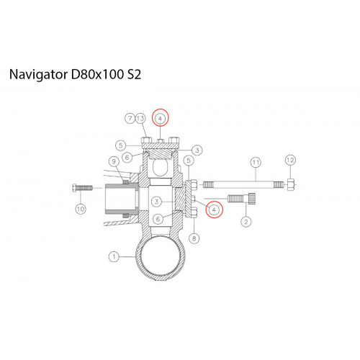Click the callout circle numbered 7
tap(130, 118)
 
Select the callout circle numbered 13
tap(140, 118)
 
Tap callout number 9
tap(114, 161)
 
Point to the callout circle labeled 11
tap(256, 163)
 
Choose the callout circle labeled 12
tap(290, 160)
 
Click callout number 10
tap(81, 210)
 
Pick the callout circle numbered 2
tap(246, 222)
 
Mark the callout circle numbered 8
tap(194, 238)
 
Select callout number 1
tap(114, 257)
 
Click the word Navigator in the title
tap(38, 75)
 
